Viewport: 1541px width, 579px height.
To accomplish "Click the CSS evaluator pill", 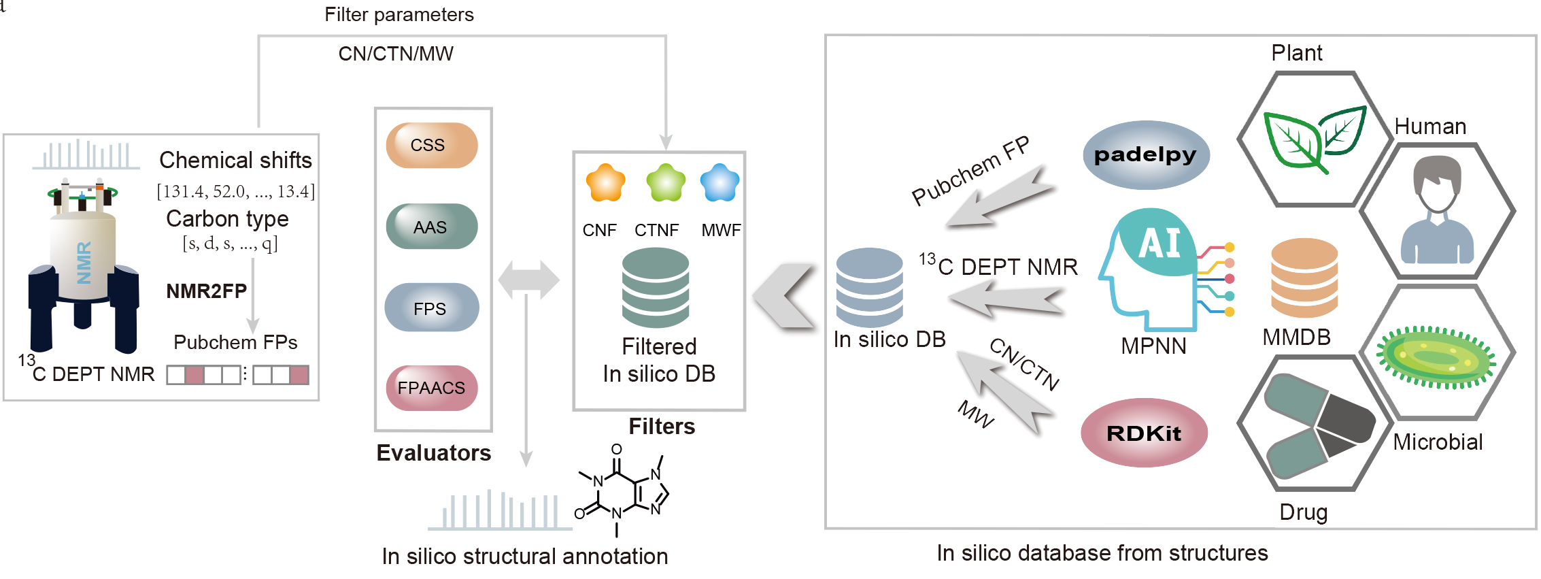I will point(432,146).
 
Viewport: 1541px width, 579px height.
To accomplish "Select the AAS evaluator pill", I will point(432,227).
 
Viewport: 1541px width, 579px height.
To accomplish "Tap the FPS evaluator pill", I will point(432,308).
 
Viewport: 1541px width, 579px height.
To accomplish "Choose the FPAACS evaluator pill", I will point(432,388).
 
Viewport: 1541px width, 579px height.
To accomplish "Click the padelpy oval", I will point(1146,155).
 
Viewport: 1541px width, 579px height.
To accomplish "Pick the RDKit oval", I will point(1145,433).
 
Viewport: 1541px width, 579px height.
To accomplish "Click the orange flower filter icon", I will point(605,182).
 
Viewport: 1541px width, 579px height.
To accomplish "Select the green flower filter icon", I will point(666,182).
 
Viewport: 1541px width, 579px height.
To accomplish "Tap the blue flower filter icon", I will point(719,182).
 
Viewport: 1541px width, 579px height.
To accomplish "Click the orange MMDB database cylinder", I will point(1304,278).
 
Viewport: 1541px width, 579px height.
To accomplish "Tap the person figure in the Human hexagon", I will point(1436,211).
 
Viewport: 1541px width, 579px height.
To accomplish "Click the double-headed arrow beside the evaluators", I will point(528,280).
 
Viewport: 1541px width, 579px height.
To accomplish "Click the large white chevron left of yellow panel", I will point(788,297).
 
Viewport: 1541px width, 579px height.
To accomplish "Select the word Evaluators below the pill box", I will point(433,453).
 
